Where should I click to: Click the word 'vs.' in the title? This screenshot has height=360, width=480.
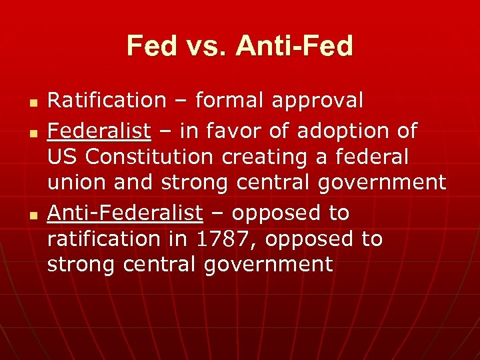(x=205, y=46)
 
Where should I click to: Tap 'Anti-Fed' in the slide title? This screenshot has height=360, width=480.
(x=294, y=46)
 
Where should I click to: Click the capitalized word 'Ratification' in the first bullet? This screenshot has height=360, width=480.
(x=107, y=101)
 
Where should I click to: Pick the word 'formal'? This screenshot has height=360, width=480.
(x=230, y=101)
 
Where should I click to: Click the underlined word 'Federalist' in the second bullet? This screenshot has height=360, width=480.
(x=99, y=131)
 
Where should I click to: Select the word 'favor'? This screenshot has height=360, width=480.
(x=239, y=131)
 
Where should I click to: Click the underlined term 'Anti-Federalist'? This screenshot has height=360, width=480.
(x=125, y=213)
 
